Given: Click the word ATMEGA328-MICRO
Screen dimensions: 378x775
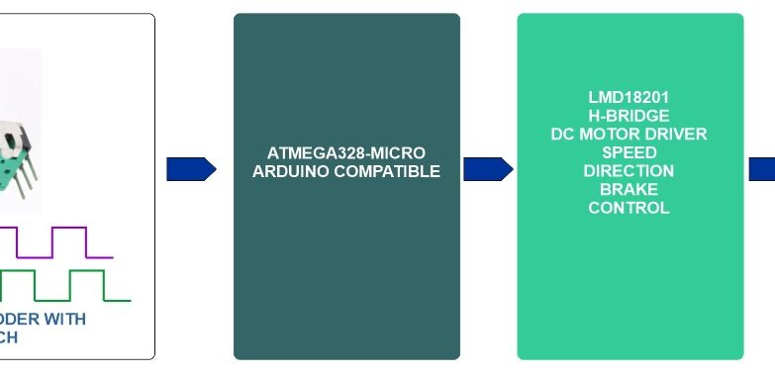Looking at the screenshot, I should [x=346, y=153].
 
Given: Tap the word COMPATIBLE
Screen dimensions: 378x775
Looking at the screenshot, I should [x=392, y=171].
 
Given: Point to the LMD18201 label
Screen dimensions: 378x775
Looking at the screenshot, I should [x=629, y=98].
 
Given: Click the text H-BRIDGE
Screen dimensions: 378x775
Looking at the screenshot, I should [x=629, y=116].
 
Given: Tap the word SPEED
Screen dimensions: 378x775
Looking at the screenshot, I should [x=629, y=152].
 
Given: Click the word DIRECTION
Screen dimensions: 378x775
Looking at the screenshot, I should [x=629, y=171].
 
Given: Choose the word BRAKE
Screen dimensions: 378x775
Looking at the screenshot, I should [x=629, y=189].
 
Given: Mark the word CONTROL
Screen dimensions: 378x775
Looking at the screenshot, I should [x=629, y=208].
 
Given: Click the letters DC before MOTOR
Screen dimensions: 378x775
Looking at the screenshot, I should [x=563, y=135].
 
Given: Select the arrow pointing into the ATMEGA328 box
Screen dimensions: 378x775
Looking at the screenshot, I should [x=191, y=169].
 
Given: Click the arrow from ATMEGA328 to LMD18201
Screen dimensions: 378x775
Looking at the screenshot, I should [x=488, y=169].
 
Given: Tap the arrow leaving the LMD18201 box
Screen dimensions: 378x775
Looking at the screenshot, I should [x=762, y=169].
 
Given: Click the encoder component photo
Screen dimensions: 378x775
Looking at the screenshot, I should [x=14, y=139].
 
